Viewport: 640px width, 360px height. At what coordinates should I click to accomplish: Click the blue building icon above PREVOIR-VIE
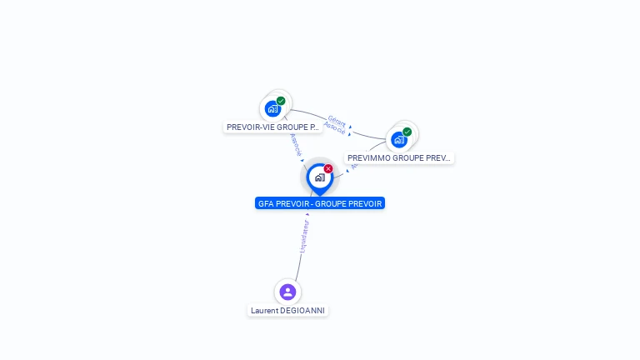coord(272,108)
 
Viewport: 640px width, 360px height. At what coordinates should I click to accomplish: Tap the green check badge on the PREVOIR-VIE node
coord(281,101)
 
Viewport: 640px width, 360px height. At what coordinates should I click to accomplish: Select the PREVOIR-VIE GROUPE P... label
coord(272,127)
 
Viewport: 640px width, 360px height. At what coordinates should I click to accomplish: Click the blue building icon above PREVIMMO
coord(399,139)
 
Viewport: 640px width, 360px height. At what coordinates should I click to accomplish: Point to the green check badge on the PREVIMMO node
coord(407,132)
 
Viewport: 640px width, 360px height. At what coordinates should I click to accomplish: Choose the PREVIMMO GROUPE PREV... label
coord(399,157)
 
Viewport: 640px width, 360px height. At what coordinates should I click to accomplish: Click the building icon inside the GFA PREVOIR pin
coord(319,177)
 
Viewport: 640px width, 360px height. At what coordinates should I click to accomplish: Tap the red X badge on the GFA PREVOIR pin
coord(328,168)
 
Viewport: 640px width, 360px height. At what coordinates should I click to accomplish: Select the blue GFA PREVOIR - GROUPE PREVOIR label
coord(320,203)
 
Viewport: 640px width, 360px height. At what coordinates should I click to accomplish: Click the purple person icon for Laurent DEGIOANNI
coord(287,292)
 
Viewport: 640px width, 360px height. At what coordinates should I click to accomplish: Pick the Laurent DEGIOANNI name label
coord(287,311)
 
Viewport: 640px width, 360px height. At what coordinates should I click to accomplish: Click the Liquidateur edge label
coord(304,236)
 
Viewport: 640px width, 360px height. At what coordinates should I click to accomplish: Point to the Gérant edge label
coord(337,121)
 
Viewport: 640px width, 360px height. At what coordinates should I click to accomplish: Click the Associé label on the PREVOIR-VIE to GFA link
coord(296,144)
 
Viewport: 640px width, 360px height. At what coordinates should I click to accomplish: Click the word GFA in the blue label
coord(266,203)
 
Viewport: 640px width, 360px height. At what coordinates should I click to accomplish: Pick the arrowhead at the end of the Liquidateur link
coord(307,214)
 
